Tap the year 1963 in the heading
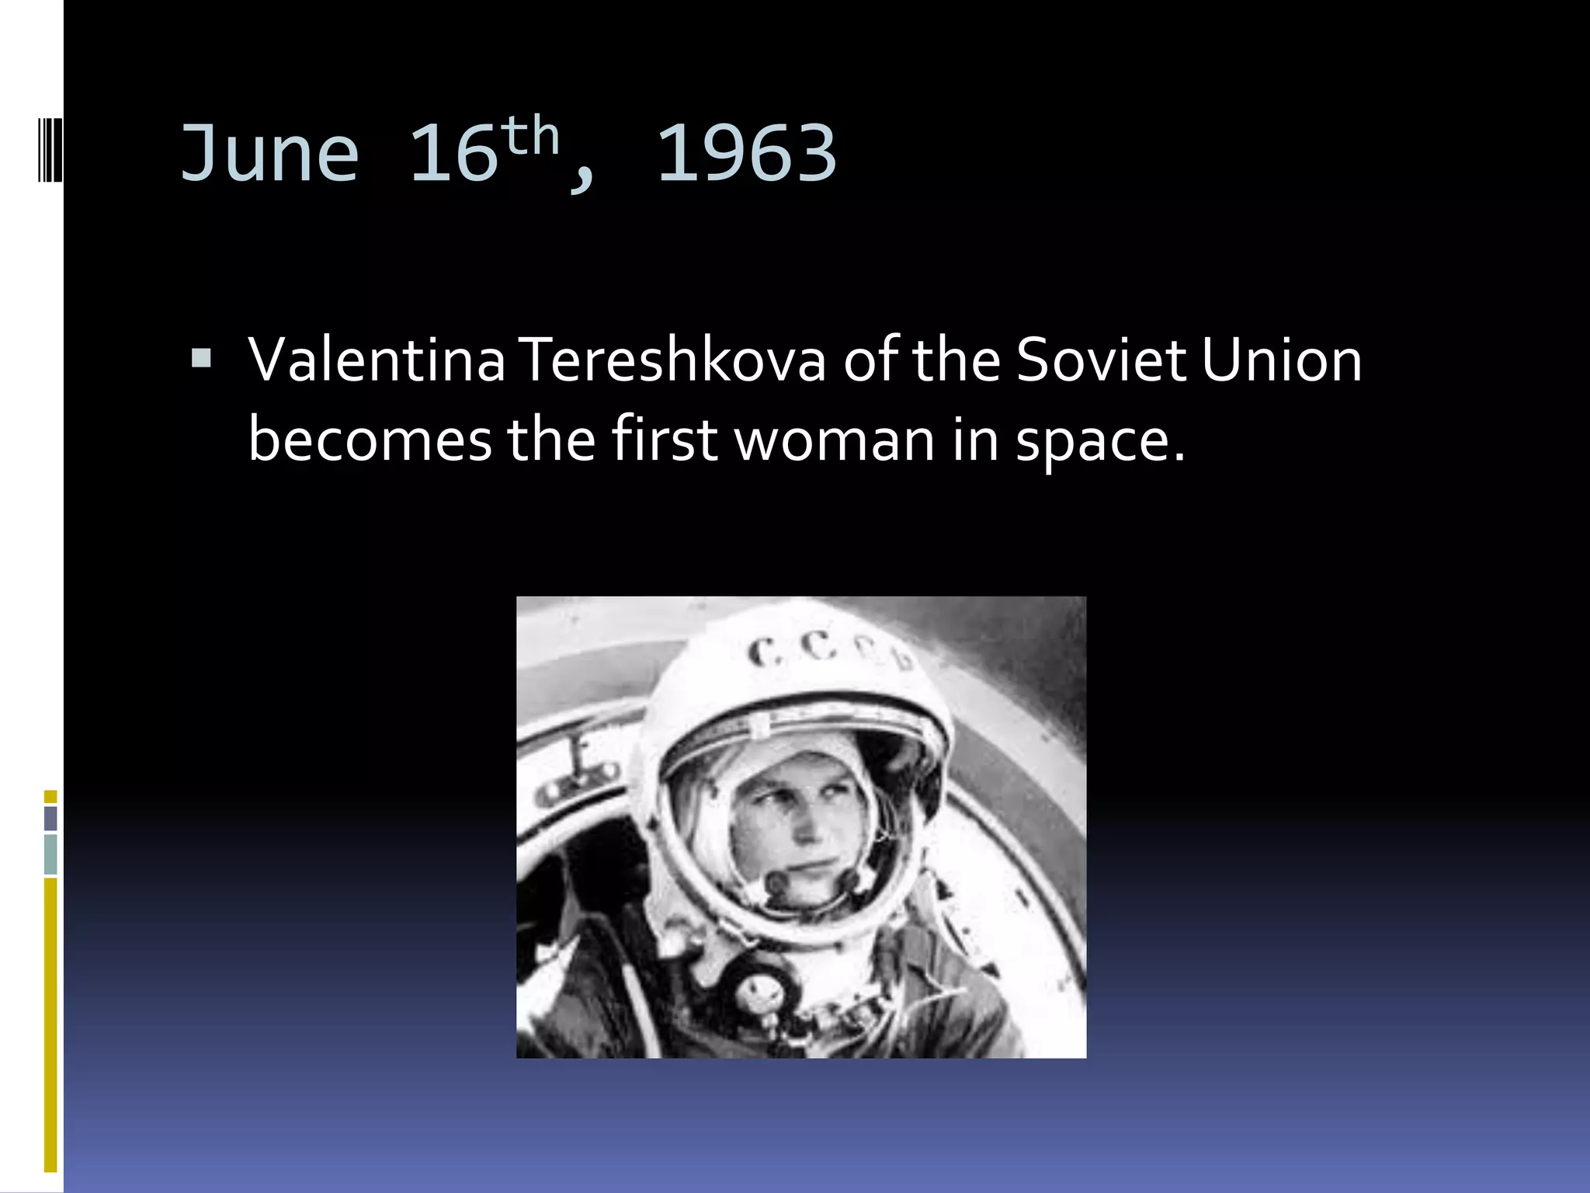(x=747, y=153)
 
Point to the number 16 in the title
(x=453, y=153)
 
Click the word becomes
(x=370, y=439)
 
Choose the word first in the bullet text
(x=665, y=439)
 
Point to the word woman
(x=835, y=439)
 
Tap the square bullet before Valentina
(x=201, y=359)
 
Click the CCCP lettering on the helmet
(x=827, y=651)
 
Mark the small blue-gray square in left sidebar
(x=50, y=818)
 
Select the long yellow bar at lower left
(x=50, y=1025)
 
